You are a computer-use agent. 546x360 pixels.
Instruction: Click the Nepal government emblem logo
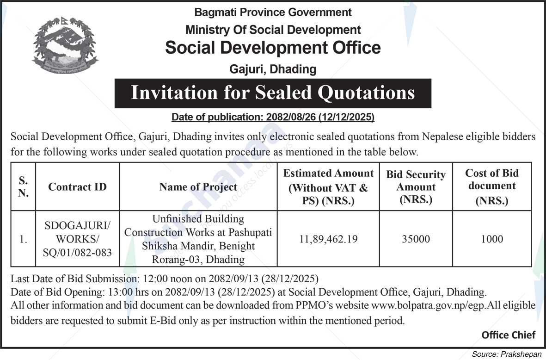point(65,45)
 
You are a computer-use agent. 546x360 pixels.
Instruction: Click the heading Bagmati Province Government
point(273,12)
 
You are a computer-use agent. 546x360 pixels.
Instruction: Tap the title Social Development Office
point(273,48)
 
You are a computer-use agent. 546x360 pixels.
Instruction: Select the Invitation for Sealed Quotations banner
point(273,93)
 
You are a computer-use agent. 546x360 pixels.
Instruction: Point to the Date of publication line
point(273,118)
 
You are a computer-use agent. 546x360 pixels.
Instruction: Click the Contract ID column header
point(77,187)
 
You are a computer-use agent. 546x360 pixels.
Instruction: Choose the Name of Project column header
point(198,187)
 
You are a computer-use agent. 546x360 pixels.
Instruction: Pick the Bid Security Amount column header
point(416,187)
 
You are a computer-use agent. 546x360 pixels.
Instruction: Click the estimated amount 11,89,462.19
point(328,239)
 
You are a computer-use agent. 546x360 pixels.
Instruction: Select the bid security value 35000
point(416,239)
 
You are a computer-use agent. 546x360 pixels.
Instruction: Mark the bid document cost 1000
point(492,239)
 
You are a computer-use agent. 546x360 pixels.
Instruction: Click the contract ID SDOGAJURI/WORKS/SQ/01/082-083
point(77,240)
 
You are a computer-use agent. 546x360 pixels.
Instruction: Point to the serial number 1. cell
point(23,240)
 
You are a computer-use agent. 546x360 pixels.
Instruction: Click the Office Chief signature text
point(508,335)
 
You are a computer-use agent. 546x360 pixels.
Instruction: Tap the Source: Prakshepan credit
point(506,354)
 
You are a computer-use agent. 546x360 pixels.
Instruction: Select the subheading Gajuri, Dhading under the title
point(273,69)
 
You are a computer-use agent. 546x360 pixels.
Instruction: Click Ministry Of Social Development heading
point(273,30)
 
